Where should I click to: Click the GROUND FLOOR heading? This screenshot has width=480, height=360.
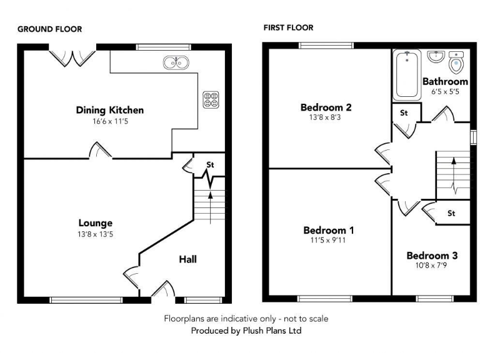coord(49,29)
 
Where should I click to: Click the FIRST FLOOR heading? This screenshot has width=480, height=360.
coord(288,27)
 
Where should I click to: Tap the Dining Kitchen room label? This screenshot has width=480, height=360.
coord(110,110)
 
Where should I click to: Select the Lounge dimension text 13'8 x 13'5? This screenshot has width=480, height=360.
coord(96,234)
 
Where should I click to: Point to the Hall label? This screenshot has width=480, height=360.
coord(188,259)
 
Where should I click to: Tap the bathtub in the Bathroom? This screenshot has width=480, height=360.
coord(407,76)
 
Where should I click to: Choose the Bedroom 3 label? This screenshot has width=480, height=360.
coord(432,255)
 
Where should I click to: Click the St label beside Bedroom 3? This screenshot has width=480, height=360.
coord(451,214)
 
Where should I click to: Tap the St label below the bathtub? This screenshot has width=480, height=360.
coord(404,113)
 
